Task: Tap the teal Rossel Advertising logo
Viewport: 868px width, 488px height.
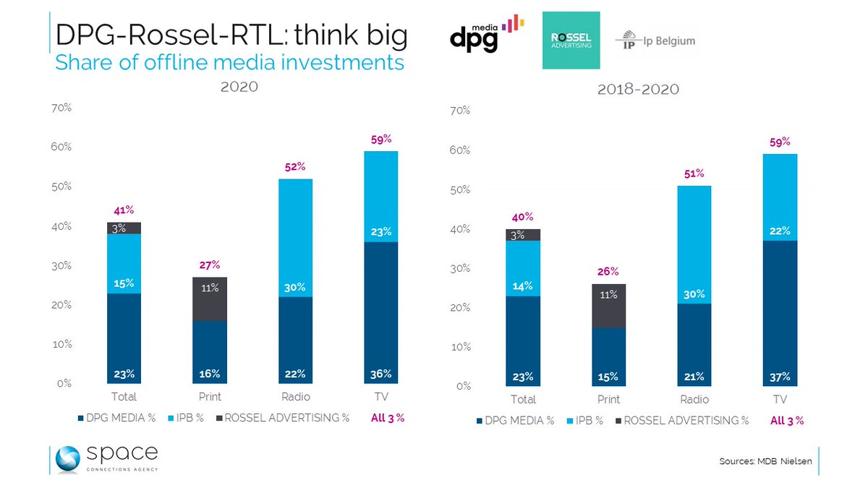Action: click(571, 40)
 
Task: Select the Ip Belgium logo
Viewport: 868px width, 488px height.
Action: click(655, 41)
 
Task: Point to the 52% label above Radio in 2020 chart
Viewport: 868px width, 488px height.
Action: click(295, 167)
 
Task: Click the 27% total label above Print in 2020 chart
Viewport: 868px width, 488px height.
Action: click(210, 265)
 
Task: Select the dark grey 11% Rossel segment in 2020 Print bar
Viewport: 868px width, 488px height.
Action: click(210, 299)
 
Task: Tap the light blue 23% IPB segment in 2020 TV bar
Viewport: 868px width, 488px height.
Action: click(380, 197)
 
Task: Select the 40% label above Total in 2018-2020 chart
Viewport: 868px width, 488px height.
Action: click(522, 217)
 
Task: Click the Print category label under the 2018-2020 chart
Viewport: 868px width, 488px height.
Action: click(608, 399)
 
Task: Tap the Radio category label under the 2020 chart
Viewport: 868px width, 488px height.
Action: click(295, 397)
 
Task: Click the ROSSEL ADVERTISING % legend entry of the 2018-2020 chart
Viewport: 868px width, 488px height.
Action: click(686, 420)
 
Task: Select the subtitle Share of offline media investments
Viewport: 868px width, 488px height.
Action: click(229, 62)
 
